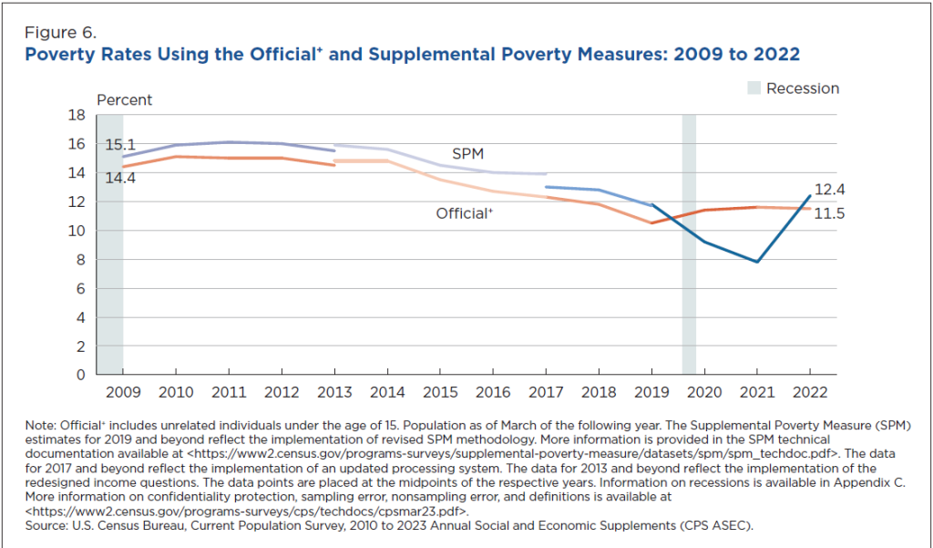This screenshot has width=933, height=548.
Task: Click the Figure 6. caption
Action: pyautogui.click(x=60, y=35)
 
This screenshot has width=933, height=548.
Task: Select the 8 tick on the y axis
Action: pyautogui.click(x=80, y=260)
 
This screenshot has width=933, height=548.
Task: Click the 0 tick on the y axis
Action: pyautogui.click(x=80, y=375)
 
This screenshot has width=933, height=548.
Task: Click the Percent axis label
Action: pyautogui.click(x=125, y=100)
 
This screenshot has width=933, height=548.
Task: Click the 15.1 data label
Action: pyautogui.click(x=120, y=144)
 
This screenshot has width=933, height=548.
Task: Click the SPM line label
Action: pyautogui.click(x=467, y=153)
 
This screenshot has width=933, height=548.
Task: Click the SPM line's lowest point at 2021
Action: pyautogui.click(x=756, y=262)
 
